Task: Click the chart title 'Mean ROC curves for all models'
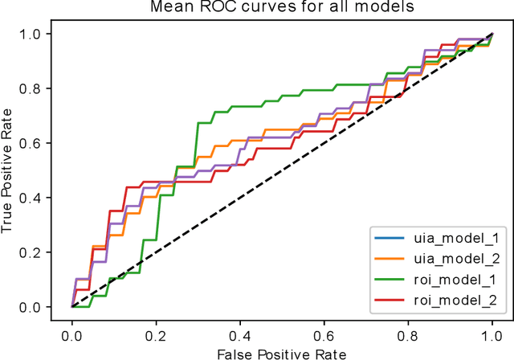point(282,9)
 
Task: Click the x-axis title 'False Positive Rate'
point(282,351)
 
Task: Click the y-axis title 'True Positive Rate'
point(10,170)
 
